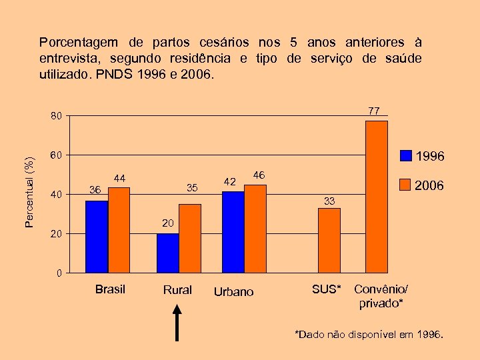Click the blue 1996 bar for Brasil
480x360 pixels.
[97, 237]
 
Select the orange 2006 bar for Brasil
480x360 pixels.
[119, 230]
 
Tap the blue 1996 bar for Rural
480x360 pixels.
[167, 253]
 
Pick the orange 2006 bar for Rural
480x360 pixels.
[190, 238]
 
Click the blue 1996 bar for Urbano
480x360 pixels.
[233, 231]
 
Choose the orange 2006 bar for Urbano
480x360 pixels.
[255, 228]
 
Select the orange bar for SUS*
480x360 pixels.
[329, 240]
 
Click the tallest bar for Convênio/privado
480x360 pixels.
[377, 197]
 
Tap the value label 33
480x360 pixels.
[329, 201]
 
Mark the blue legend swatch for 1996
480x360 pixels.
[406, 156]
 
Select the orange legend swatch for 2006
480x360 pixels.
[406, 184]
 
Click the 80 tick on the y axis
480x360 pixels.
[57, 117]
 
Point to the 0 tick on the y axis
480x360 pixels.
[59, 273]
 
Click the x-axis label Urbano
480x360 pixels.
[233, 292]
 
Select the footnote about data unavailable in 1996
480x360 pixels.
[369, 335]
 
